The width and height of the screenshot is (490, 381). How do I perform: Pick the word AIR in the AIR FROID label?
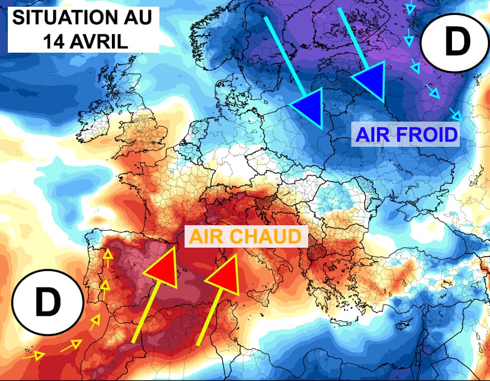pyautogui.click(x=370, y=134)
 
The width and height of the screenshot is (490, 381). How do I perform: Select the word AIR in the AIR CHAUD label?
pyautogui.click(x=208, y=236)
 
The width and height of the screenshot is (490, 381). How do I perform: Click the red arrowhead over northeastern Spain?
pyautogui.click(x=162, y=267)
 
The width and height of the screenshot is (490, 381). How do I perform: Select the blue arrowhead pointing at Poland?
pyautogui.click(x=309, y=106)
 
